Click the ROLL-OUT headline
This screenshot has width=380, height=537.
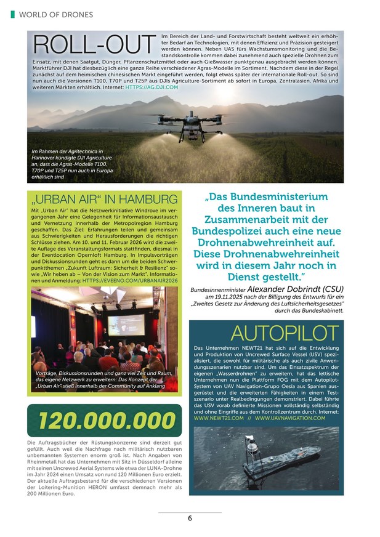[93, 45]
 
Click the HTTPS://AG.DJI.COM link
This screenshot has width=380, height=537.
[152, 88]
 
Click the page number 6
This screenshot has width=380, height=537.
[190, 518]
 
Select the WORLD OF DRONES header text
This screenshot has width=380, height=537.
[56, 14]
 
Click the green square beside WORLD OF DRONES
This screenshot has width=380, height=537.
[13, 14]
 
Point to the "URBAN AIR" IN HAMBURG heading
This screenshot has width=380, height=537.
[103, 199]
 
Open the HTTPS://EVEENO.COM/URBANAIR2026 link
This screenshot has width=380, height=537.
[130, 280]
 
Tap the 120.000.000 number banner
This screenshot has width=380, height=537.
[103, 421]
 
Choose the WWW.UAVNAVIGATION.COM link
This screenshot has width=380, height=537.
[290, 418]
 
